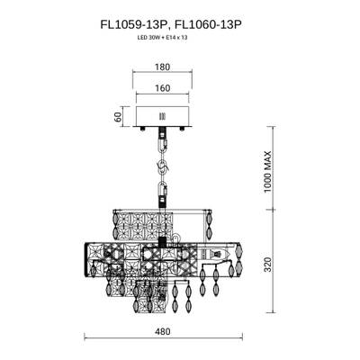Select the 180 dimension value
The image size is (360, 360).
coord(162,67)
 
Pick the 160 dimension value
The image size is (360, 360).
coord(162,89)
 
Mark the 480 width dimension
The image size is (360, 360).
coord(162,332)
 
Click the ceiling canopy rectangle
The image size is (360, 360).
coord(163,117)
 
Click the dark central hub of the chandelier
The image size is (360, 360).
coord(163,244)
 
